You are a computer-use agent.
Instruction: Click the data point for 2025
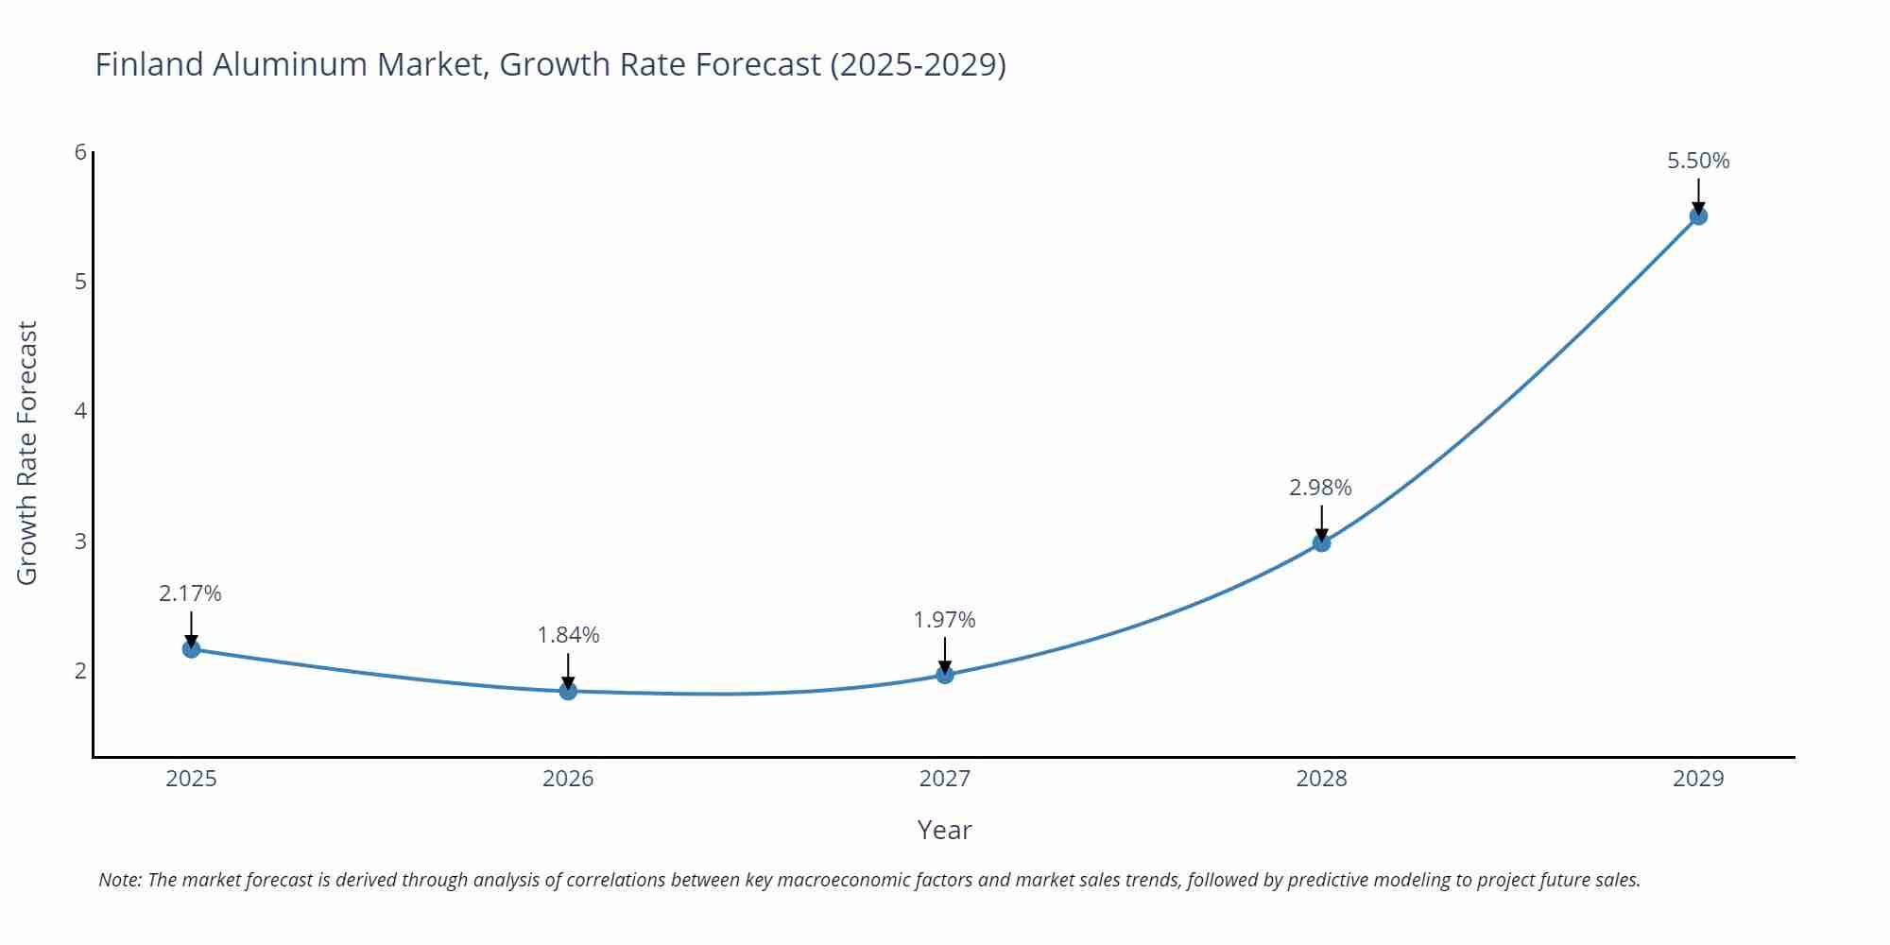point(191,649)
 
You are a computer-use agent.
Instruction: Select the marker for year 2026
point(568,692)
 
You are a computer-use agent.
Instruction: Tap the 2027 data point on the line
point(945,675)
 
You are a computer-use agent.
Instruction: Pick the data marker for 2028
point(1322,543)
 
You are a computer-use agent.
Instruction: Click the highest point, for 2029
point(1698,216)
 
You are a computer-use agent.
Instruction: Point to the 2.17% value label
point(190,593)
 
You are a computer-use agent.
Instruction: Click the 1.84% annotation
point(568,635)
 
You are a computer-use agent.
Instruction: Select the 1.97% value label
point(944,620)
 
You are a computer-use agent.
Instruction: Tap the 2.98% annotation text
point(1320,488)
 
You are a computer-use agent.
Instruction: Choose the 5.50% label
point(1698,161)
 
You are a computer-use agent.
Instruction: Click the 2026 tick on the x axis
point(568,779)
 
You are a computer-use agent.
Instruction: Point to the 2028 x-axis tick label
point(1321,779)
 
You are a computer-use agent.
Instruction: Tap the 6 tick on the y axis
point(80,152)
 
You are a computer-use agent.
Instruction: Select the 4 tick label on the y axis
point(80,411)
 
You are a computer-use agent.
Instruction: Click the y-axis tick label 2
point(80,671)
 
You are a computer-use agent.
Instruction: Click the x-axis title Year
point(944,830)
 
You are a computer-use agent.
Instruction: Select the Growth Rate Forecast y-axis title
point(27,453)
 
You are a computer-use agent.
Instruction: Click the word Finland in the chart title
point(149,64)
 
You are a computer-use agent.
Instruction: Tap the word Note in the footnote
point(119,880)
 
